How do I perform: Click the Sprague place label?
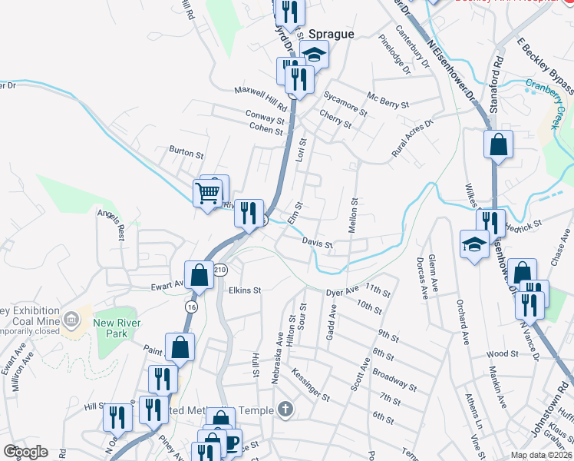pos(332,35)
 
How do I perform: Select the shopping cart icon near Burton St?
pos(208,192)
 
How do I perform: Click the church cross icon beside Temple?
pos(285,410)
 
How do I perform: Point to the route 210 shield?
pos(221,270)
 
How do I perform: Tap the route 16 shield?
pos(190,306)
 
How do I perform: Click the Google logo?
pos(25,452)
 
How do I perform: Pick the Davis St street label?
pos(316,243)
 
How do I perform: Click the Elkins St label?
pos(246,291)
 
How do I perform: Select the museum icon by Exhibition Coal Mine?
pos(71,318)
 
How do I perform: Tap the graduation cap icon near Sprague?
pos(313,54)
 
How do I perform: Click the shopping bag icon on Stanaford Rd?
pos(498,144)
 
